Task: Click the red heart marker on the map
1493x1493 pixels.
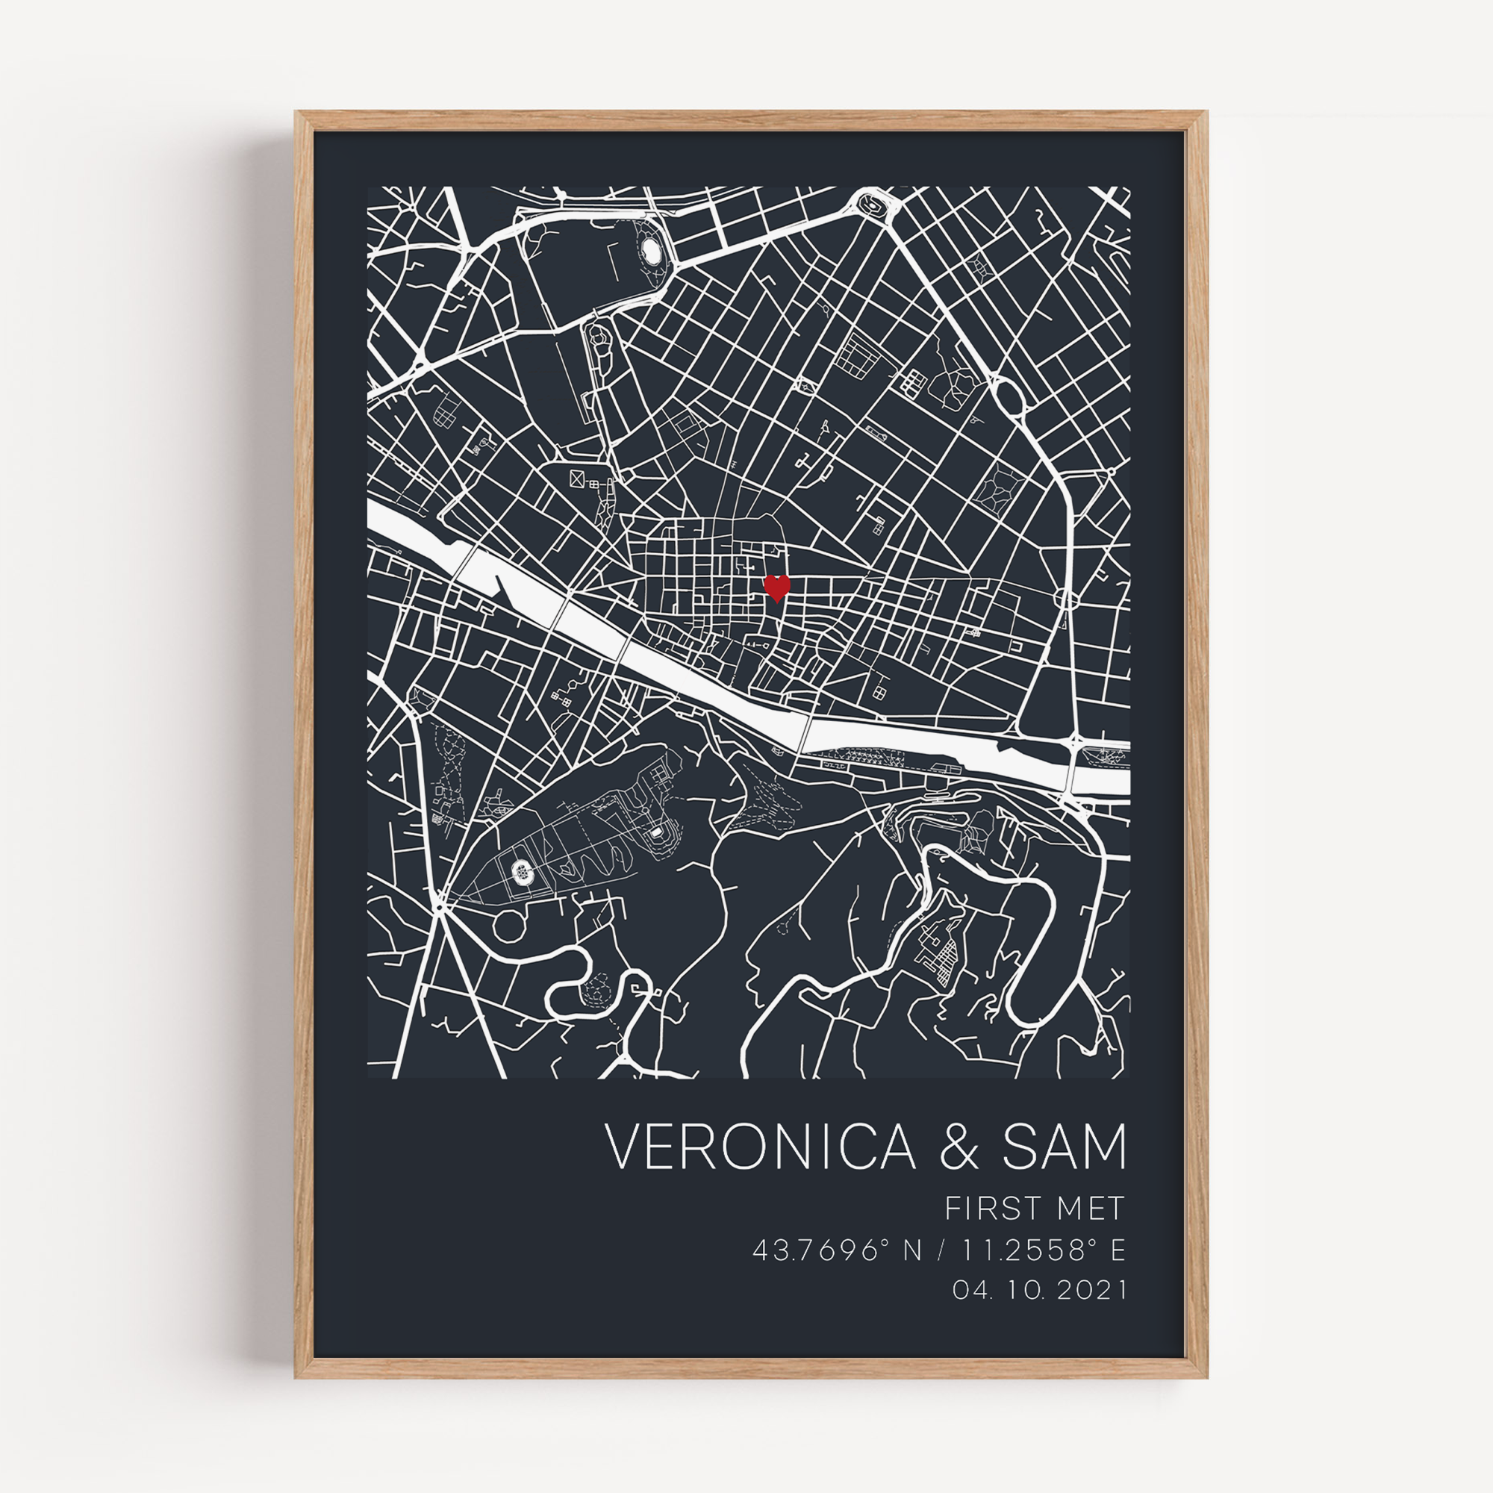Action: [776, 587]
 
